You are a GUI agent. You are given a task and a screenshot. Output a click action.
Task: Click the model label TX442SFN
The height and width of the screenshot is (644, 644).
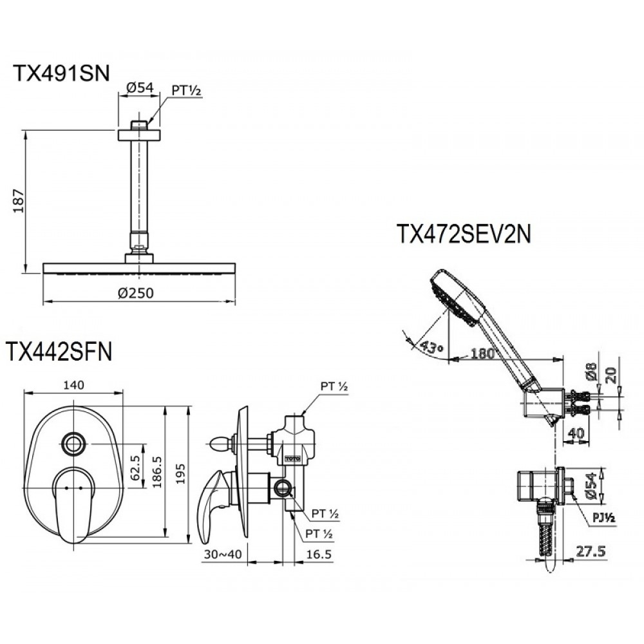59,352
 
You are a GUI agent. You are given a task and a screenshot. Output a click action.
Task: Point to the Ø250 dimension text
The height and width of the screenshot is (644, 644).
136,293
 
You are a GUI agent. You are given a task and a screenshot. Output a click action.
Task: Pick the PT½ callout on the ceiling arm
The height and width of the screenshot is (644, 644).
187,91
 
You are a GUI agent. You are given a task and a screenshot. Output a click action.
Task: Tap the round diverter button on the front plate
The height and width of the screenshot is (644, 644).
73,442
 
